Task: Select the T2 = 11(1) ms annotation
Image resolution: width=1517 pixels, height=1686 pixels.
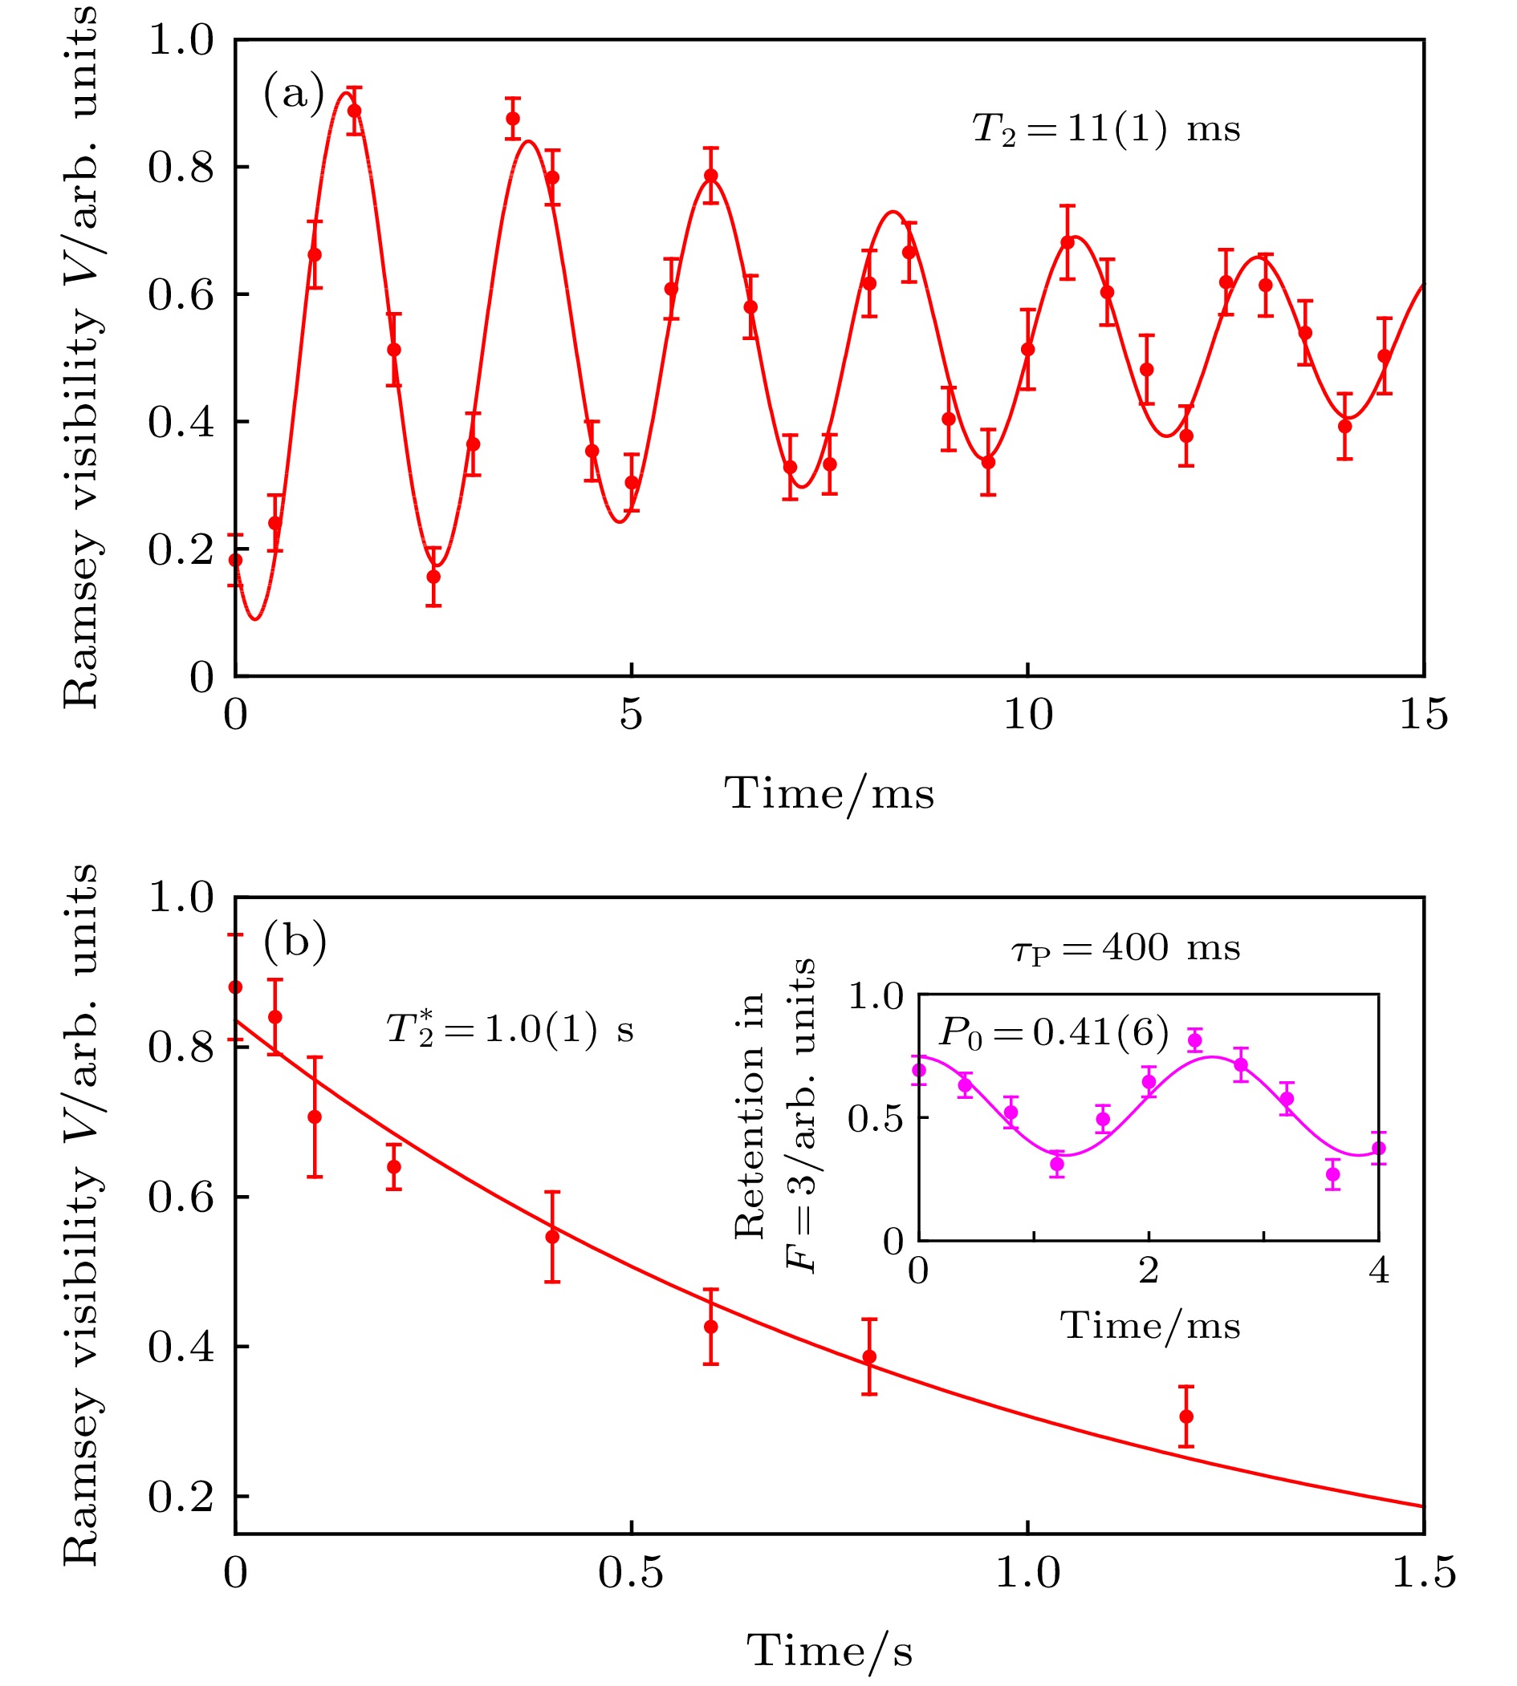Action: [1106, 130]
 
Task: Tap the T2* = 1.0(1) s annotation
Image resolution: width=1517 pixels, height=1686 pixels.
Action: [509, 1029]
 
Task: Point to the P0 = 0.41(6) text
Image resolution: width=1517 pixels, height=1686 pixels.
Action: [1054, 1033]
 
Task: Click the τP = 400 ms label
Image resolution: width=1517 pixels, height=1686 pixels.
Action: [1126, 949]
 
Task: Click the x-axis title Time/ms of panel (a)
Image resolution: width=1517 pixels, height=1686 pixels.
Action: [828, 793]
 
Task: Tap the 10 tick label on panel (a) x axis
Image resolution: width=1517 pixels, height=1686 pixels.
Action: [1027, 715]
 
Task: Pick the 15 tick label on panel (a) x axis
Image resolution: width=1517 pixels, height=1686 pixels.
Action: [1423, 715]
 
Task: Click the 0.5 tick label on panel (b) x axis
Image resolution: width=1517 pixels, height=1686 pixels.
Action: [631, 1573]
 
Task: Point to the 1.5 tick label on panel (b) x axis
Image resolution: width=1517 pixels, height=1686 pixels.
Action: [1423, 1573]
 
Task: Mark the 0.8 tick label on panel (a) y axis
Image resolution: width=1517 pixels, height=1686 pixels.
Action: [181, 168]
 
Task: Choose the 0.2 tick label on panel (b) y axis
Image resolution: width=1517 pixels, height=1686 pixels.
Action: [181, 1497]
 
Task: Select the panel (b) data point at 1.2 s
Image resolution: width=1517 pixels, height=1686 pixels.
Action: [1186, 1416]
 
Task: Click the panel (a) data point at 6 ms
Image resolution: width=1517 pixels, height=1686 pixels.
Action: [710, 176]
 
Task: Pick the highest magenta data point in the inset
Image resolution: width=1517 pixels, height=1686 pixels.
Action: [1194, 1040]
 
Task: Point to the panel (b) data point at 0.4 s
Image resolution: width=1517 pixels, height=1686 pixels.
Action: [551, 1237]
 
